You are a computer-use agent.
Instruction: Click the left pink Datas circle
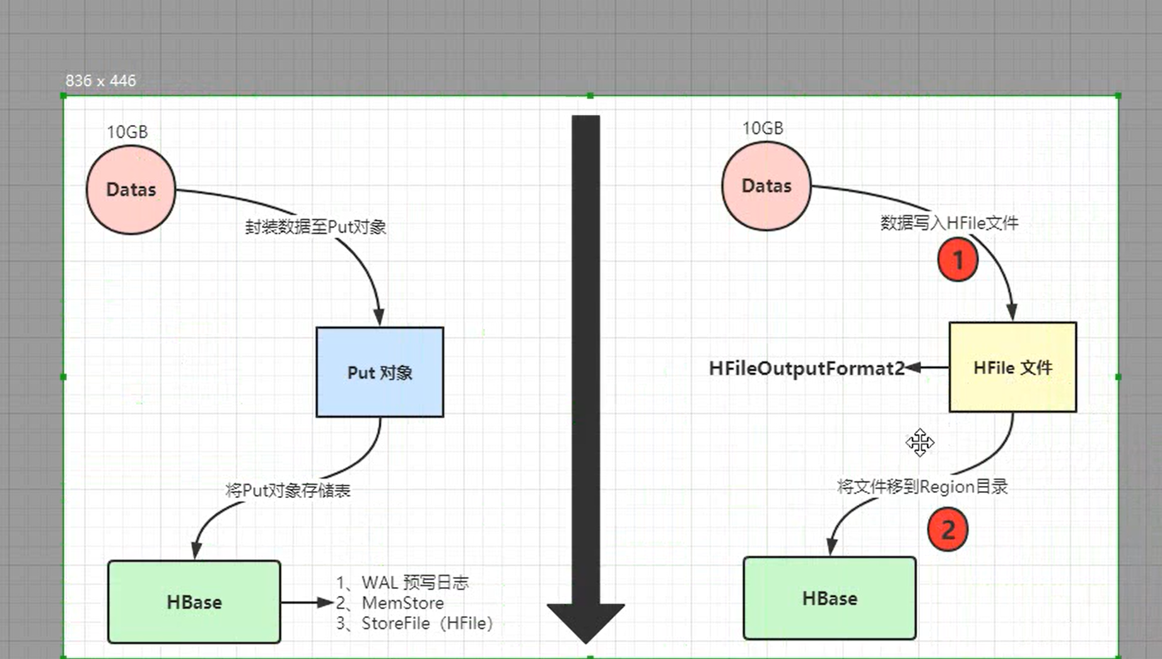131,189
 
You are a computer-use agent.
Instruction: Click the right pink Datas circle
766,186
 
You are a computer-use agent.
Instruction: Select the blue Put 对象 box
380,372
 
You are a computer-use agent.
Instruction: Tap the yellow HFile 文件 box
1012,367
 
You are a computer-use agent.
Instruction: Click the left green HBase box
194,602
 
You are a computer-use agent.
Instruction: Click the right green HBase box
830,598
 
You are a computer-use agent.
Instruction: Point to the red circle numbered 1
958,259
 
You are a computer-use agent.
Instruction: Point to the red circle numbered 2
948,530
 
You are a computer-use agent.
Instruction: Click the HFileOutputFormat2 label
807,368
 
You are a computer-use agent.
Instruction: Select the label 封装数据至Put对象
315,227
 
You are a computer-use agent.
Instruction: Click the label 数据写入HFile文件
949,223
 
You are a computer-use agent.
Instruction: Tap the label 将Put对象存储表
288,490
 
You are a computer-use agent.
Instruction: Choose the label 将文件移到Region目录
922,487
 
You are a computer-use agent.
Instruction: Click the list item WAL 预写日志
414,582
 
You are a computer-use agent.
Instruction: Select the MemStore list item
402,603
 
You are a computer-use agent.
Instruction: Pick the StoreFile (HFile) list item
426,624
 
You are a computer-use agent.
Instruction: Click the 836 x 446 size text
100,81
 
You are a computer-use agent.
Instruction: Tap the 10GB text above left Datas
127,132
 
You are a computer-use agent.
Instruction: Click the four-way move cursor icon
920,442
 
